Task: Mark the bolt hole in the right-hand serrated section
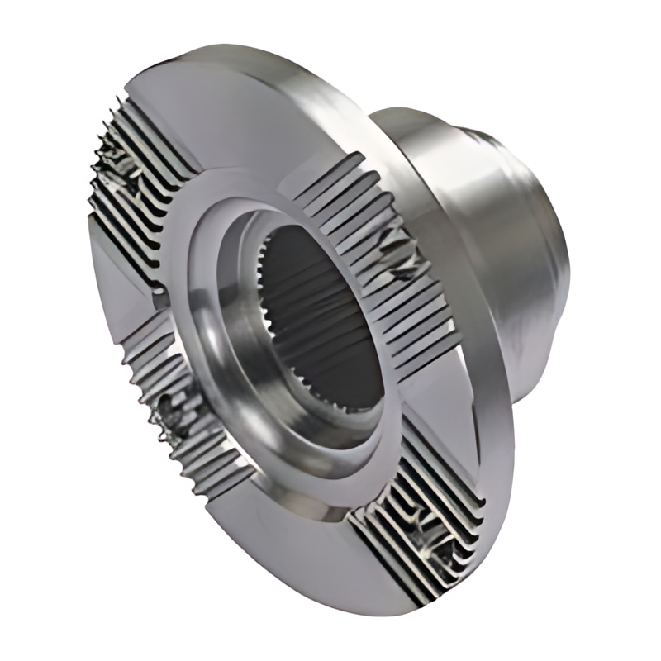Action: [397, 248]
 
